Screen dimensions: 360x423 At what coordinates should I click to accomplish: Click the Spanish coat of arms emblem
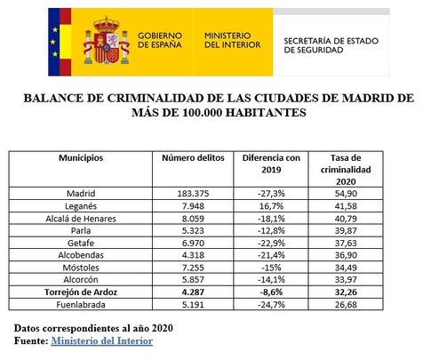[x=107, y=40]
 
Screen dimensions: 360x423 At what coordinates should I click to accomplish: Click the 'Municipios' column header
[x=81, y=157]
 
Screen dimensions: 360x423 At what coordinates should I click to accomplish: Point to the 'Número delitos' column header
[x=192, y=157]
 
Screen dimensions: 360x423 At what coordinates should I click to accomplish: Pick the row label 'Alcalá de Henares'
[x=81, y=218]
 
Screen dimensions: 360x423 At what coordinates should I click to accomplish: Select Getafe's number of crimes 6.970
[x=193, y=242]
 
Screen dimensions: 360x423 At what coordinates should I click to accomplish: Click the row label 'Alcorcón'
[x=81, y=278]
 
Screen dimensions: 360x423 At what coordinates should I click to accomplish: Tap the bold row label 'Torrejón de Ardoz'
[x=81, y=291]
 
